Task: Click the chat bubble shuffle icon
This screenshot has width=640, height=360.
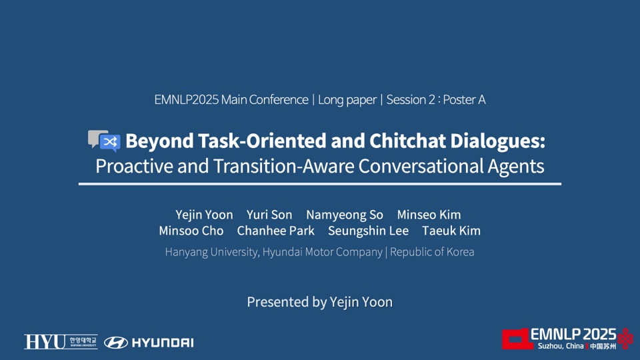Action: [x=104, y=141]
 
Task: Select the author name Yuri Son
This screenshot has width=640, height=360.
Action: [x=269, y=215]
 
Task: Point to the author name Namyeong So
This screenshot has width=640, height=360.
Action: [x=345, y=215]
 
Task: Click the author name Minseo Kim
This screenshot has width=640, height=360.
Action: [x=429, y=215]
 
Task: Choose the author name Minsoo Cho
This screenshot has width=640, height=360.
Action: [x=191, y=231]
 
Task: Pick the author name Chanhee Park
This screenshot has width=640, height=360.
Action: [x=276, y=231]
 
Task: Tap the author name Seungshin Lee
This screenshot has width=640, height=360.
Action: [x=368, y=231]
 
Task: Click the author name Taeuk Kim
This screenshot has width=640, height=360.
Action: [x=451, y=231]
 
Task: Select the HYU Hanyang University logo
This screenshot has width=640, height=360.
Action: [x=61, y=341]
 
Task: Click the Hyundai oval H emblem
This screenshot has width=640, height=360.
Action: [x=116, y=343]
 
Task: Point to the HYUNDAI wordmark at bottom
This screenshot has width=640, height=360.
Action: [x=163, y=343]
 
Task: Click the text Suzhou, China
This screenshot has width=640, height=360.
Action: [x=561, y=346]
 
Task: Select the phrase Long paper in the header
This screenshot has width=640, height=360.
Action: [x=347, y=99]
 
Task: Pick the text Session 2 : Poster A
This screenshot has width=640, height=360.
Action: [x=436, y=99]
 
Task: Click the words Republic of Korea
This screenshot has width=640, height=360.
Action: [x=432, y=252]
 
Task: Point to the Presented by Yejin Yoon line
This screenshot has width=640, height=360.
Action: [x=320, y=302]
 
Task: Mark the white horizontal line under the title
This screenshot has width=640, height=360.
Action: [x=320, y=184]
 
